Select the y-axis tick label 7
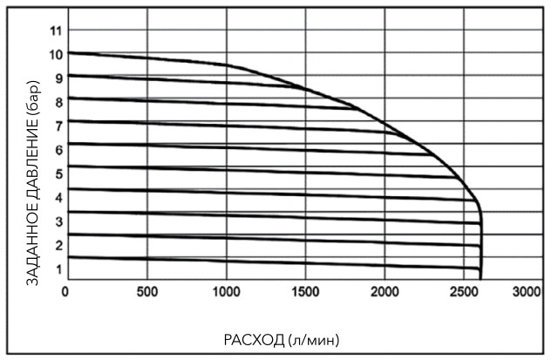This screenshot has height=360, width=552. tap(58, 126)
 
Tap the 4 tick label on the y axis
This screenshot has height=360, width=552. tap(58, 197)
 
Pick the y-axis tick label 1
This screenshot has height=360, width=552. tap(58, 268)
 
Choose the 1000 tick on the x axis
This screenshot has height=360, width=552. tap(227, 291)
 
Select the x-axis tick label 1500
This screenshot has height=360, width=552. tap(306, 291)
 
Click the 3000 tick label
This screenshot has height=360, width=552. tap(527, 291)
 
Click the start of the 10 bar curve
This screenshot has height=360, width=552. tap(68, 52)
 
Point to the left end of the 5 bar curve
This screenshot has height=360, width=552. tap(68, 166)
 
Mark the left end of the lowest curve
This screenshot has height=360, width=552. tap(68, 256)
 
